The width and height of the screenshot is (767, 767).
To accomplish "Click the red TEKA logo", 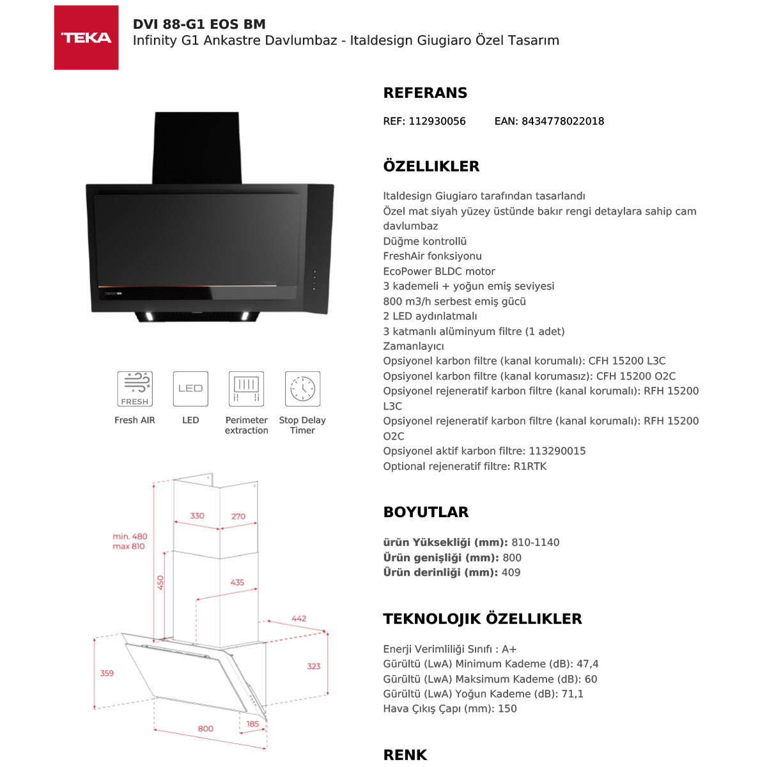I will [86, 38].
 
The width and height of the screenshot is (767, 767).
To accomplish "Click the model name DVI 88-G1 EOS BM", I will [199, 24].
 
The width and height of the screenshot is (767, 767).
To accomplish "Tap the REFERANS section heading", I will [425, 93].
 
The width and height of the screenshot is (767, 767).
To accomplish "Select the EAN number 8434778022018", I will [562, 121].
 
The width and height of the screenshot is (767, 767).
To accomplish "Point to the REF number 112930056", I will [437, 121].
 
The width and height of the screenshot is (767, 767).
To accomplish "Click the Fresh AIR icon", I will [134, 389].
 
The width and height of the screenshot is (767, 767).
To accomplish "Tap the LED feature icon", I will [190, 389].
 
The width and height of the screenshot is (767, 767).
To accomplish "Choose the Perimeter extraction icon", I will [246, 389].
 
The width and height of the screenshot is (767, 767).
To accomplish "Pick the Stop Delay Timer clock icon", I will [302, 389].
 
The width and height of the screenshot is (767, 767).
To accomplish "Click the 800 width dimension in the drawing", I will [205, 729].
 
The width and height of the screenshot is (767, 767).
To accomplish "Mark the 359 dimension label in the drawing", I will [107, 673].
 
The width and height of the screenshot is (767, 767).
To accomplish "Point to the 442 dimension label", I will [298, 619].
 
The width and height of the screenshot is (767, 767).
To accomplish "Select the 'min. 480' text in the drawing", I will [130, 536].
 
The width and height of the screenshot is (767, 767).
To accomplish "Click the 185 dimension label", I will [253, 724].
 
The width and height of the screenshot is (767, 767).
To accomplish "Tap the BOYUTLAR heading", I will [426, 512].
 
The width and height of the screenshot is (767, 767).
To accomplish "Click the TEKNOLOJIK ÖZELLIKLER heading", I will [483, 619].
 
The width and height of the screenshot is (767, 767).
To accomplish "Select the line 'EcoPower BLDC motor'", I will [439, 271].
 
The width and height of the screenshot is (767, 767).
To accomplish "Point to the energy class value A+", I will [509, 649].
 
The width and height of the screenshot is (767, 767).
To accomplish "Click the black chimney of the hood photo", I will [197, 147].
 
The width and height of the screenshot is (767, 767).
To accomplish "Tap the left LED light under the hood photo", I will [149, 315].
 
